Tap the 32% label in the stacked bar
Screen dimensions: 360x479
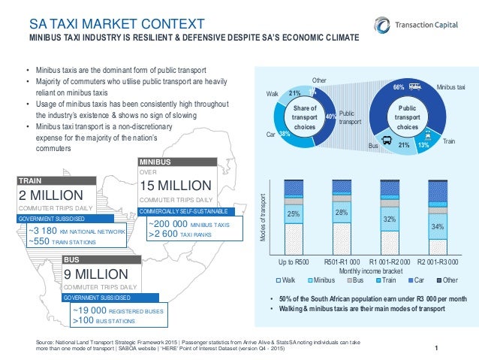point(390,219)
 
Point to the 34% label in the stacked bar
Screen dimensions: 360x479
point(435,225)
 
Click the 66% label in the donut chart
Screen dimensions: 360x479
point(399,88)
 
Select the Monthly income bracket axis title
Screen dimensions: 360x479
point(366,270)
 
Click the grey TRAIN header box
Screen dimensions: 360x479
point(57,180)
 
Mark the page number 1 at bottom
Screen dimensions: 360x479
point(435,346)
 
